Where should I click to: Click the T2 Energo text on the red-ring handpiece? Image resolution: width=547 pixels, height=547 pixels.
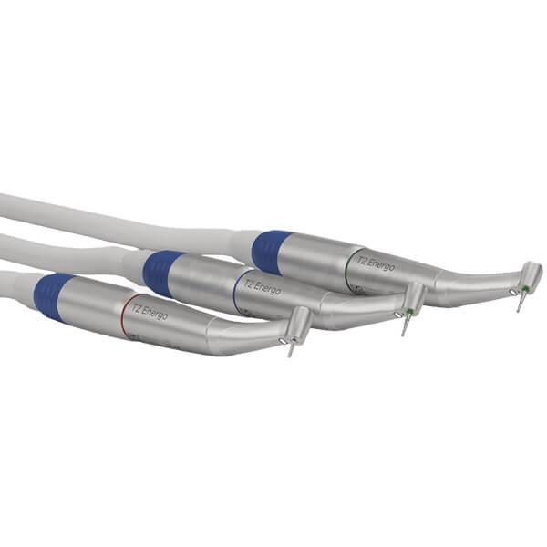(150, 312)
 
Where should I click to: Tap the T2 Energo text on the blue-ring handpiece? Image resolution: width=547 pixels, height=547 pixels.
(263, 285)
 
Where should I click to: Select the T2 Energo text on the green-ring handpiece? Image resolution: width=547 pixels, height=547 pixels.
(376, 263)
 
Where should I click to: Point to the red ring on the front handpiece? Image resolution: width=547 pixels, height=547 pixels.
(123, 315)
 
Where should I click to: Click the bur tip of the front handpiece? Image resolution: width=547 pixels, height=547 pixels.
(290, 356)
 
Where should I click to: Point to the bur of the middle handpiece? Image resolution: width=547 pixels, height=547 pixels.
(405, 326)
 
